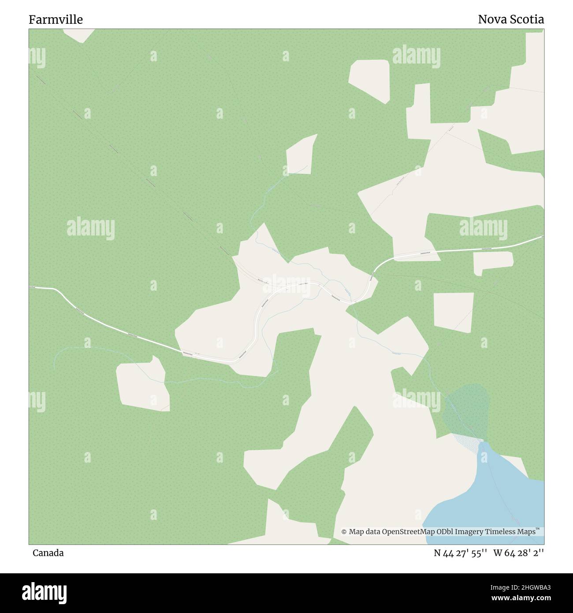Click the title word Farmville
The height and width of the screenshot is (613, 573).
56,19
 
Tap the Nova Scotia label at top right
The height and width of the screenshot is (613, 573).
511,19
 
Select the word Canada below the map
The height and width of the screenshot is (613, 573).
48,553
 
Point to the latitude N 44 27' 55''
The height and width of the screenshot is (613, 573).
460,553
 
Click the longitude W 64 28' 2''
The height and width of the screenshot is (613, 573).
518,553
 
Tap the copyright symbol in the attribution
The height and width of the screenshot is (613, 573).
344,532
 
